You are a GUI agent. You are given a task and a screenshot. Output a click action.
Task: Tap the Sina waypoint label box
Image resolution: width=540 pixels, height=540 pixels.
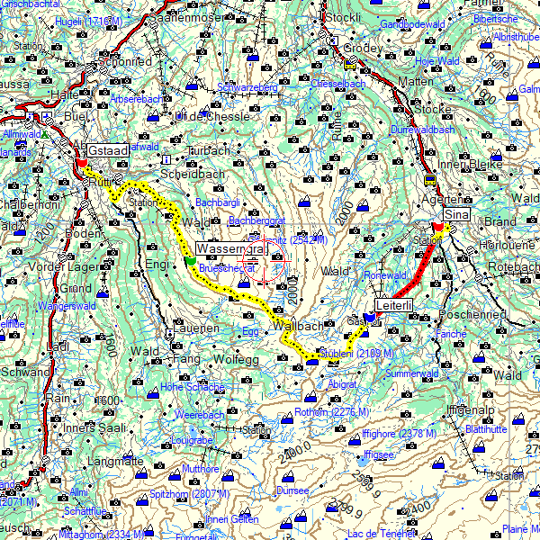pyautogui.click(x=457, y=214)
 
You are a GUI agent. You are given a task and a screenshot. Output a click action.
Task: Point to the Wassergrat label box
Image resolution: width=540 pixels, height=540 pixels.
pyautogui.click(x=229, y=248)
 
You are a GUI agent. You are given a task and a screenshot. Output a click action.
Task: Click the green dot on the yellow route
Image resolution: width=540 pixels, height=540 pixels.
pyautogui.click(x=190, y=261)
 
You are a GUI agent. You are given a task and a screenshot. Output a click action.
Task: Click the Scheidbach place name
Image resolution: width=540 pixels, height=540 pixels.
pyautogui.click(x=192, y=174)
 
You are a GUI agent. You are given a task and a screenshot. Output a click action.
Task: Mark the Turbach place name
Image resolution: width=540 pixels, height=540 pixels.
pyautogui.click(x=209, y=150)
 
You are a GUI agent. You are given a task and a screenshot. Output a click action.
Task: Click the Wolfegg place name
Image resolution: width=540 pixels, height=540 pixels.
pyautogui.click(x=236, y=360)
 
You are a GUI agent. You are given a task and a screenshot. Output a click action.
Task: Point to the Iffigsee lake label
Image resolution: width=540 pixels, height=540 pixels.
pyautogui.click(x=379, y=455)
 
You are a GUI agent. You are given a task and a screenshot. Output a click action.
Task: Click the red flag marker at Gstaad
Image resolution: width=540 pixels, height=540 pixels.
pyautogui.click(x=81, y=164)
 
